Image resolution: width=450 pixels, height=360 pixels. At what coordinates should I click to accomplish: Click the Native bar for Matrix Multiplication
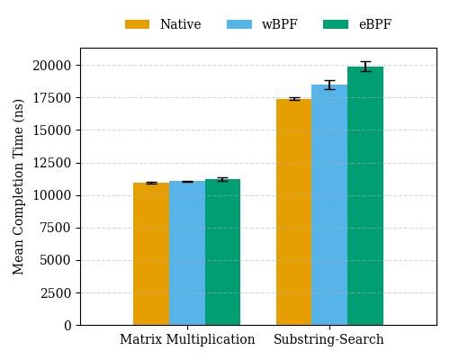[151, 254]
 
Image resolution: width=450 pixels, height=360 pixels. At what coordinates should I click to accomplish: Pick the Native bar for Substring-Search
[293, 211]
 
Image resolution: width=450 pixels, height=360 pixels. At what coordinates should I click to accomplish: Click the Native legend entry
[163, 25]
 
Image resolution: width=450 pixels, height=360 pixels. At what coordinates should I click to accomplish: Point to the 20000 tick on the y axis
[52, 66]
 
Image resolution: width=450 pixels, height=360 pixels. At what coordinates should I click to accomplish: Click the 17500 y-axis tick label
[52, 98]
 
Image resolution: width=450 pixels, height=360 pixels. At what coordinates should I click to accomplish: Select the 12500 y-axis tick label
[52, 163]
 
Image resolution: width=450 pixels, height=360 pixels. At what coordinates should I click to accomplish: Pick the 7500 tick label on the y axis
[56, 228]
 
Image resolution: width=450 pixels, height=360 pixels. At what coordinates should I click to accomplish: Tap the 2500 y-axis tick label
[56, 292]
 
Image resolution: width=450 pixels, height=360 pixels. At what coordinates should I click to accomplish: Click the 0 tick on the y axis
[68, 325]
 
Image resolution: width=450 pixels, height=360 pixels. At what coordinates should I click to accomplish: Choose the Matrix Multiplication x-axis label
[187, 340]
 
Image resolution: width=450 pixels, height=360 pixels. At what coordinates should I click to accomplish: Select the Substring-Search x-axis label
[328, 340]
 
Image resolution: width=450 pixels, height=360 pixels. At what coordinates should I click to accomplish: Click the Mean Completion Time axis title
[20, 186]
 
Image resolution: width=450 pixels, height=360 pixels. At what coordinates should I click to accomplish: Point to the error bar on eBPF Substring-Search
[365, 67]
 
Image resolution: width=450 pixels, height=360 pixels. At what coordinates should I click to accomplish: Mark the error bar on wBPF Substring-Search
[329, 85]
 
